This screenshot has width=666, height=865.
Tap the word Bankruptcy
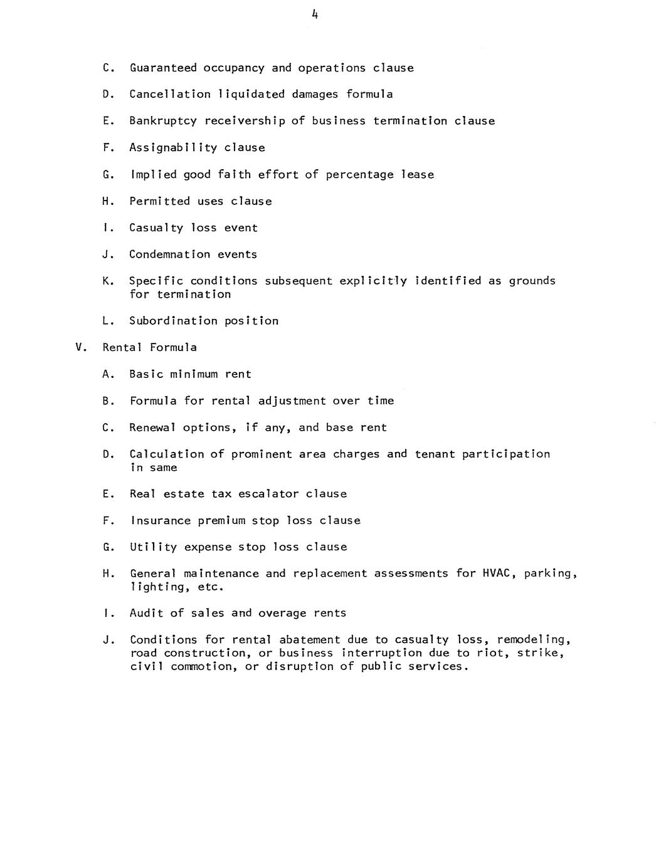[x=163, y=121]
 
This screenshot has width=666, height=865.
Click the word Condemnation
[x=170, y=254]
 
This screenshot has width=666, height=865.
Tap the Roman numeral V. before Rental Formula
[x=80, y=347]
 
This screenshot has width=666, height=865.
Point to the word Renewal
[x=153, y=427]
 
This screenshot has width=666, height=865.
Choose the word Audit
[x=146, y=613]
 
